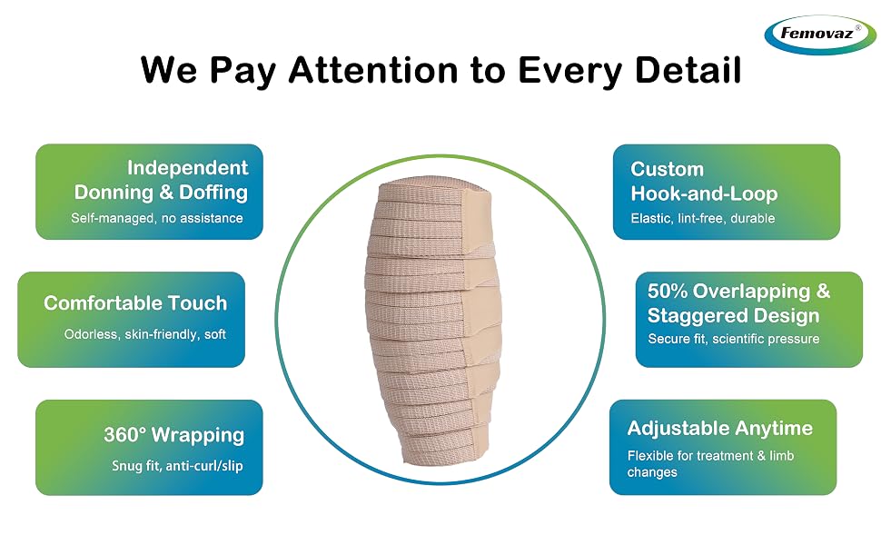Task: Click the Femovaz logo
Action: coord(820,34)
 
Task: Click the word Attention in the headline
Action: coord(373,70)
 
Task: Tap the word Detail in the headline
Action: coord(687,70)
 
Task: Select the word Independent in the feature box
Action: coord(188,167)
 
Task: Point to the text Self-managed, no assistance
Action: coord(157,218)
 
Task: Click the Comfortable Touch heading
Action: coord(135,302)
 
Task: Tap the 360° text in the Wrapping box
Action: coord(124,434)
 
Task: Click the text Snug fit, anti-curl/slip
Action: coord(177,466)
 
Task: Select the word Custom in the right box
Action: coord(667,169)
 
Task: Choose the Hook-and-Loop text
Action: coord(704,193)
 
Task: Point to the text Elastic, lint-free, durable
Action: coord(702,218)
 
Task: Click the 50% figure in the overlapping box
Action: coord(668,291)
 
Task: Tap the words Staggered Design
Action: coord(733,315)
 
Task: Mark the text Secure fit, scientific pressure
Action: coord(733,339)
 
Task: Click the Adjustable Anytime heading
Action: coord(719,428)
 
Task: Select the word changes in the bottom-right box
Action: coord(652,472)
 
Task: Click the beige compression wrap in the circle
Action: coord(432,321)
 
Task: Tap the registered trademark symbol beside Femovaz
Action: coord(858,27)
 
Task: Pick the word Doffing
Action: coord(213,193)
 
